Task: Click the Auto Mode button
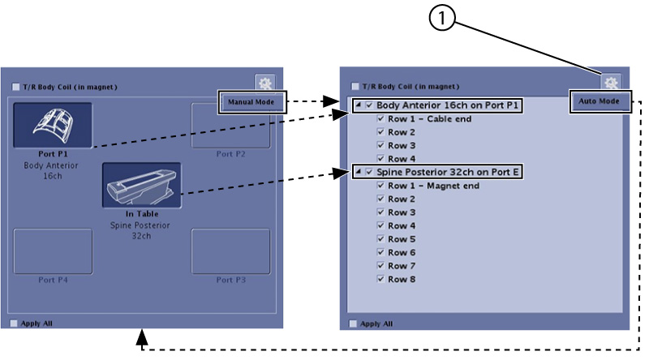pos(600,102)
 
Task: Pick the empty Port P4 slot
pos(53,251)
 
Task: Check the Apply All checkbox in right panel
pos(353,324)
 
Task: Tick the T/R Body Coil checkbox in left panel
pos(16,86)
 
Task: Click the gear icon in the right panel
pos(612,82)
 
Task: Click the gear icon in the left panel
pos(264,82)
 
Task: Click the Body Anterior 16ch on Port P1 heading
pos(447,105)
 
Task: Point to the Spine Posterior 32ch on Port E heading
pos(447,172)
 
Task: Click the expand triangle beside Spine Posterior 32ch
pos(359,172)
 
